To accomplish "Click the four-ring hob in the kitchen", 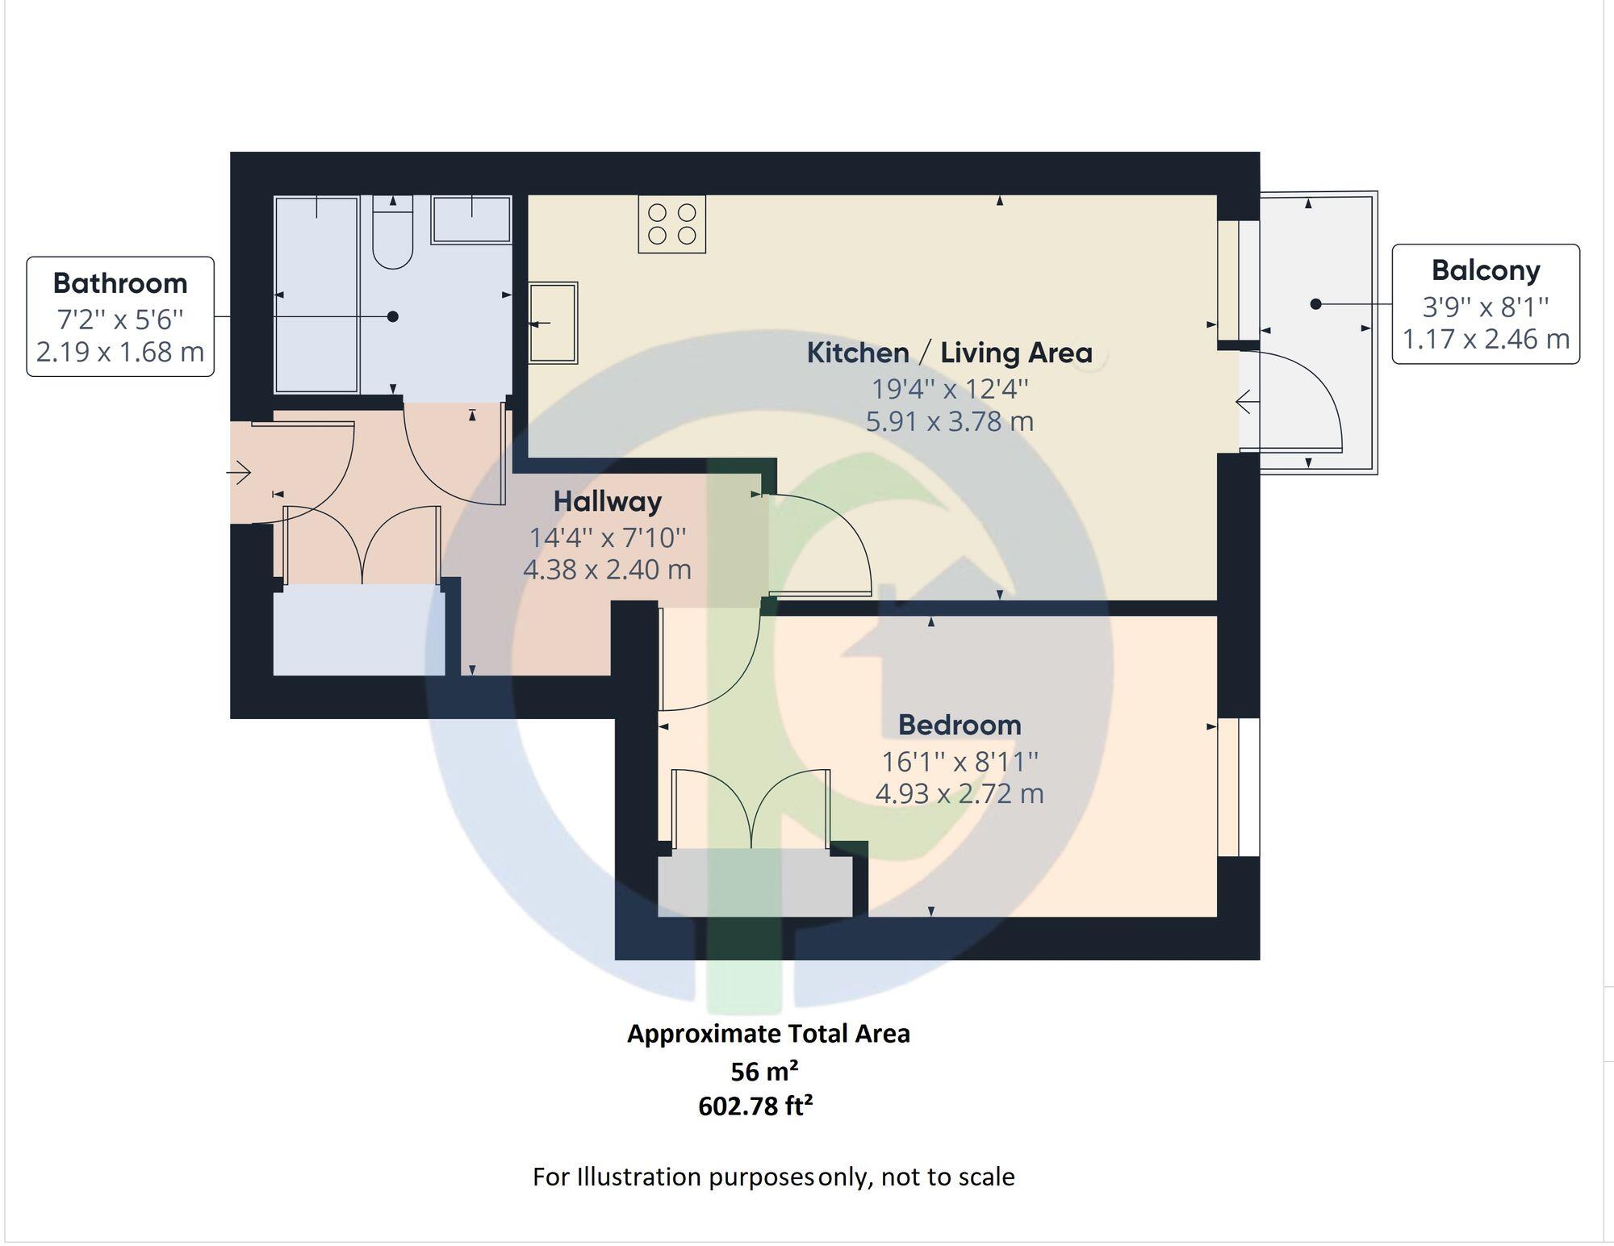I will (x=671, y=224).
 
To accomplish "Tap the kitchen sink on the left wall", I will (x=554, y=322).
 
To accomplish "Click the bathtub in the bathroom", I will (x=316, y=295).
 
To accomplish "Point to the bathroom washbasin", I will (x=471, y=220).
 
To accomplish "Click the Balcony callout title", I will (x=1486, y=270).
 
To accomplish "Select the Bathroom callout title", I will (x=120, y=283).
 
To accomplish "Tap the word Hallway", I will (x=607, y=501).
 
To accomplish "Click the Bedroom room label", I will (x=960, y=725).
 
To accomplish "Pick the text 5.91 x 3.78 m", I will (x=949, y=421).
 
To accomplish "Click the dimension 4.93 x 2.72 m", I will (x=960, y=793).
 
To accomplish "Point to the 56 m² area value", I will (x=764, y=1071).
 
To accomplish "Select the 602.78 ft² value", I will (x=755, y=1106).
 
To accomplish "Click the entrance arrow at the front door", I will (x=240, y=472).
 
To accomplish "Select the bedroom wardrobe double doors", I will (x=751, y=807).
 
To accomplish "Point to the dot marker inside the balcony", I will (x=1316, y=304).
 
